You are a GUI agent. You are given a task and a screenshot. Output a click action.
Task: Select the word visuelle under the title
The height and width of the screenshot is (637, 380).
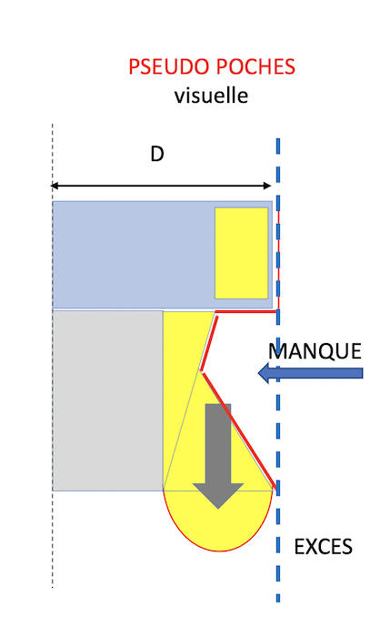click(x=211, y=96)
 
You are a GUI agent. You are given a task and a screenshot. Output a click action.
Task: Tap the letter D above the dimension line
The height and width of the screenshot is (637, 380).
click(x=157, y=155)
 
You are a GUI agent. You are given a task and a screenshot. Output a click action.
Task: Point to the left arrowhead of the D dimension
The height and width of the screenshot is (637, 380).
click(x=54, y=186)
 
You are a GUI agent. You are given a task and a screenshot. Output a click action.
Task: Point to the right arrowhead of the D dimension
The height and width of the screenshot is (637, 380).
click(x=267, y=186)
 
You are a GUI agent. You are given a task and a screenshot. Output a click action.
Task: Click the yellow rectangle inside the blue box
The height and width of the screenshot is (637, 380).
click(x=241, y=253)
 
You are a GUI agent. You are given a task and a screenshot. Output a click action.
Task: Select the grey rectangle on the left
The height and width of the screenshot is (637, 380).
click(x=108, y=400)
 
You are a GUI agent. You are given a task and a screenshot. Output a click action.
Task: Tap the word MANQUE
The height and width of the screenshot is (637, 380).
click(x=315, y=351)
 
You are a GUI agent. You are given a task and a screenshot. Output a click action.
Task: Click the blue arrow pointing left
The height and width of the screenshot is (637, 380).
click(x=310, y=373)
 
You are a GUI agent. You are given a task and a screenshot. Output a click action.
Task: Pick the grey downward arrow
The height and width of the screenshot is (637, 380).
click(x=218, y=456)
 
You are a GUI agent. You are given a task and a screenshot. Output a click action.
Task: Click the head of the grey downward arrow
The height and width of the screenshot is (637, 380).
click(x=218, y=496)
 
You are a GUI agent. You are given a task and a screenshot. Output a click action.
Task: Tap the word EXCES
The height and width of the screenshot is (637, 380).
click(x=323, y=547)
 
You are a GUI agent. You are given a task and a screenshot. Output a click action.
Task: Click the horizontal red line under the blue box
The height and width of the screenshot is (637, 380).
click(x=246, y=311)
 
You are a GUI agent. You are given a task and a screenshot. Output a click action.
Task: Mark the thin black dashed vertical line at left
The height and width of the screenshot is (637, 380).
click(x=53, y=356)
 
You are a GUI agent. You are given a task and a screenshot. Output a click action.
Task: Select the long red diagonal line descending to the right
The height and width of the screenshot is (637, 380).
click(x=239, y=430)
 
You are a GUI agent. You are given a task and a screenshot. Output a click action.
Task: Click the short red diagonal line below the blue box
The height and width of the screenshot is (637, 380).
click(x=209, y=343)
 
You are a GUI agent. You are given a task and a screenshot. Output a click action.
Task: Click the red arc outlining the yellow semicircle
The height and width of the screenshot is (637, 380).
click(x=219, y=551)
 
